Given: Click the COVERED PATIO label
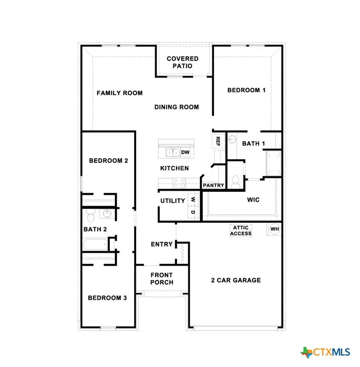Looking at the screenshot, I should coord(182,62).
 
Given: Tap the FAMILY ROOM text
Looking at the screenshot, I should coord(120,93).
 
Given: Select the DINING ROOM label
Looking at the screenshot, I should coord(177,107).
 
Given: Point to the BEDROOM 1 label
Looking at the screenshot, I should coord(246,90).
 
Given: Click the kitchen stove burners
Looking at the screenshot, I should coord(179,182).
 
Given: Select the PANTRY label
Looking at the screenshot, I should coord(214,186).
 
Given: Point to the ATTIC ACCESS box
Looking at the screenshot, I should coord(241,231).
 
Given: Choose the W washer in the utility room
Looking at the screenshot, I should coord(193,199).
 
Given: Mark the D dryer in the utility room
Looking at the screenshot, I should coord(193,212).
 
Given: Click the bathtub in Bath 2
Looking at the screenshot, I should coord(95,245).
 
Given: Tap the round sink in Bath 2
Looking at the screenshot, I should coord(107,214).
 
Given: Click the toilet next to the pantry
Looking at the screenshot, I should coord(235,181).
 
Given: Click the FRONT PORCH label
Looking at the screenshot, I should coord(162,278).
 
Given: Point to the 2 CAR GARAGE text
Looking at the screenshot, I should coord(236,280).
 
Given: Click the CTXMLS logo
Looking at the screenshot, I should coord(326,352).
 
